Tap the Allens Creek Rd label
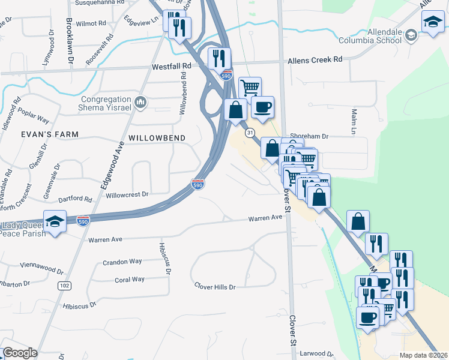tap(315, 59)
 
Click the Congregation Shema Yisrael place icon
tap(141, 103)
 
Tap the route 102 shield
tap(64, 286)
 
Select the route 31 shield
tap(250, 132)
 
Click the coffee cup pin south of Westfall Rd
tap(262, 108)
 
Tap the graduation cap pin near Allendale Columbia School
tap(432, 23)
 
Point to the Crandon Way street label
tap(122, 262)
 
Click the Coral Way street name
tap(130, 279)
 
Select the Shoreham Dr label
tap(310, 136)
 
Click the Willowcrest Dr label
tap(127, 194)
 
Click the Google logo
tap(20, 353)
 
